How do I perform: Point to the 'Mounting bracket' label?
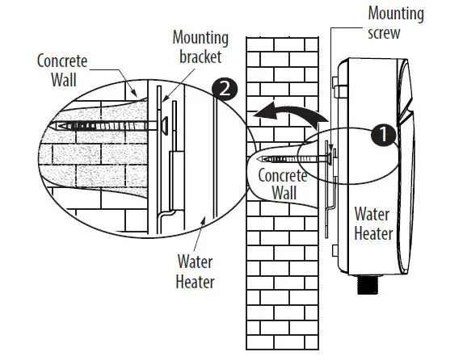(x=200, y=48)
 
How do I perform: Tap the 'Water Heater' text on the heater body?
(x=372, y=224)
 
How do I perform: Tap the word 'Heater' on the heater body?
(x=372, y=234)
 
